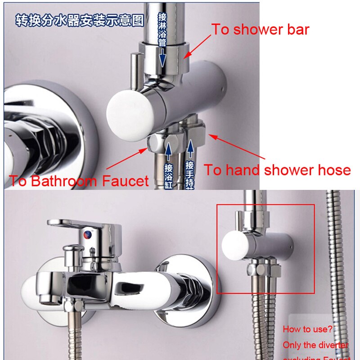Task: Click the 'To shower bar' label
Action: point(260,30)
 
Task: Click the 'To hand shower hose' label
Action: point(277,170)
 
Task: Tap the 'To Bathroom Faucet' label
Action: point(79,181)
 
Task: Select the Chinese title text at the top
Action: point(80,20)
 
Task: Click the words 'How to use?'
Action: point(307,329)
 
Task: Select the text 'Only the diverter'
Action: point(315,345)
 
